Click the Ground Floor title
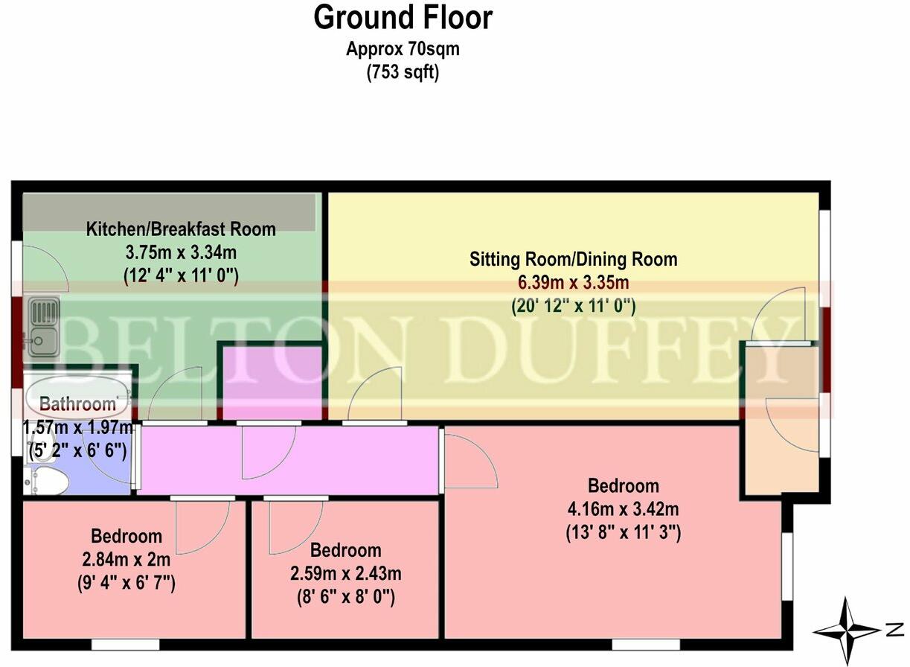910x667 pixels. point(403,18)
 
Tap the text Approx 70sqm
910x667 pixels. point(403,50)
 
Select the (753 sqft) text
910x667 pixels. point(403,73)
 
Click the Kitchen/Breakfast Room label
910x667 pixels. point(181,229)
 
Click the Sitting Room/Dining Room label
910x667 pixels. point(573,260)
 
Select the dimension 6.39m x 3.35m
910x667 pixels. point(573,283)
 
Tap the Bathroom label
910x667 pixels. point(78,405)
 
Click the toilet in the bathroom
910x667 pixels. point(45,482)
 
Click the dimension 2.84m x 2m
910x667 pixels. point(126,559)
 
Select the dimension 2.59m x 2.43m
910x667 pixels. point(345,574)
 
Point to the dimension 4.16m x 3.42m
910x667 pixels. point(623,510)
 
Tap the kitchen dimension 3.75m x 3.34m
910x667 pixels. point(181,252)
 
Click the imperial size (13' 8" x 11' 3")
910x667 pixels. point(623,533)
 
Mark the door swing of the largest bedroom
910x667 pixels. point(470,462)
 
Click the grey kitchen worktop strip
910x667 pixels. point(168,212)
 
